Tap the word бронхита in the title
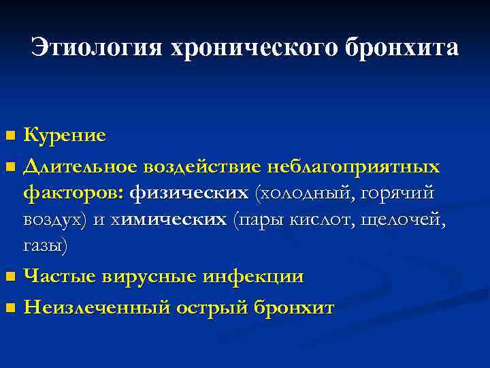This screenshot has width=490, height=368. pos(402,48)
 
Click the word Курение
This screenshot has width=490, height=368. pos(65,135)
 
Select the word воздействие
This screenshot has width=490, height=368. pos(201,166)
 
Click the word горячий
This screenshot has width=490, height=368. pos(401,193)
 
